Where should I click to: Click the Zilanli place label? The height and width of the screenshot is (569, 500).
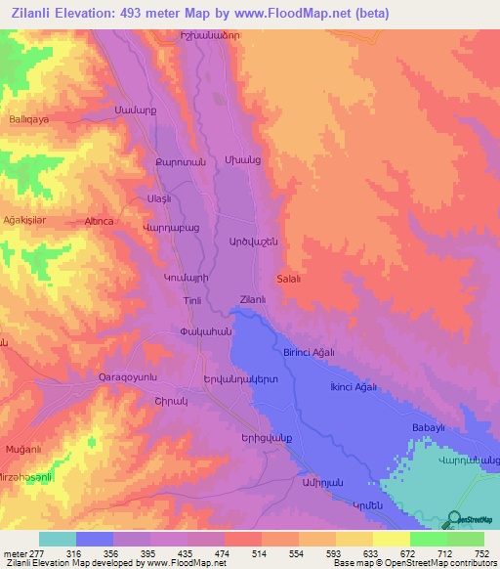coord(253,300)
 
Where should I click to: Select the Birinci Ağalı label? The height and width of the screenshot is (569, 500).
coord(310,352)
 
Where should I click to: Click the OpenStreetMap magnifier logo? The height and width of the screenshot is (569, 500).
coord(452,519)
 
